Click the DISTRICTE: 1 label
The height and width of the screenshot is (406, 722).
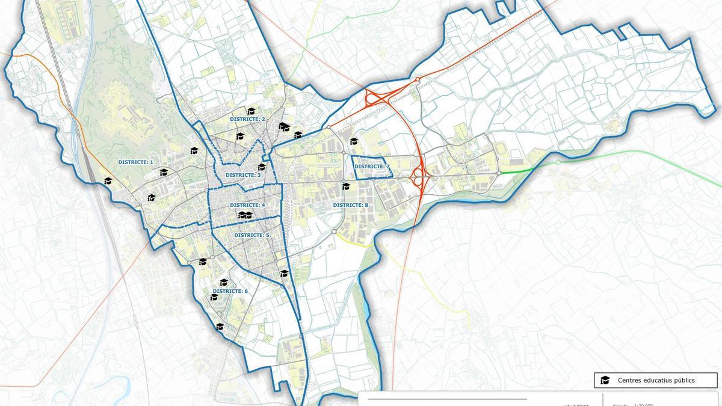coord(135,162)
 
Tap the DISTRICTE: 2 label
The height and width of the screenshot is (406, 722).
coord(247,119)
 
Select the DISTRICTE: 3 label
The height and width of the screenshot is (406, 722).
coord(243,175)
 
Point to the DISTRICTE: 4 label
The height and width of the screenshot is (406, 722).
coord(247,206)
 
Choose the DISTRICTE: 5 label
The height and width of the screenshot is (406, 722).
coord(251,235)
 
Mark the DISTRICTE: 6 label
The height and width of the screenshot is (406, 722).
coord(230,291)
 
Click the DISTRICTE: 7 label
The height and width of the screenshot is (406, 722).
coord(372,167)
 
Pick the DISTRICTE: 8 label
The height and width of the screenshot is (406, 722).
coord(350,205)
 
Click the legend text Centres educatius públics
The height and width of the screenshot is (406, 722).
coord(656,380)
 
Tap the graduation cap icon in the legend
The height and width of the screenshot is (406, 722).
coord(605,380)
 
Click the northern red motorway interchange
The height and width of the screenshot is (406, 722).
coord(376,99)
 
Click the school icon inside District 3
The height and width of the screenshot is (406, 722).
coord(261,167)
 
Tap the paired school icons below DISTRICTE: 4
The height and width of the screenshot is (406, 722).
coord(245,215)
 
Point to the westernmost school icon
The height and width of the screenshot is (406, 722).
coord(108,180)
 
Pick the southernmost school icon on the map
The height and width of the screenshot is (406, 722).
coord(220,327)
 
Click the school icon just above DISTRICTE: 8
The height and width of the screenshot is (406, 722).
coord(345,186)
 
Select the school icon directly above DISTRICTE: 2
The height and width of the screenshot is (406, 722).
coord(251,111)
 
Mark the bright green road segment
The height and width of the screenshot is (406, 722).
coord(516,171)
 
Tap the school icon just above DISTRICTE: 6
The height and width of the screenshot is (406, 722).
coord(224,282)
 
